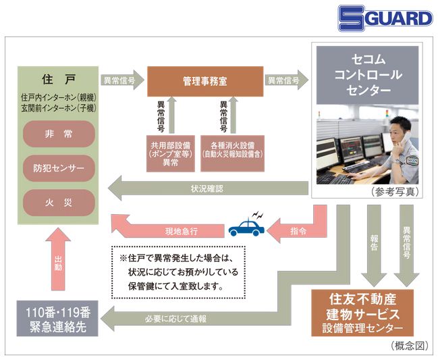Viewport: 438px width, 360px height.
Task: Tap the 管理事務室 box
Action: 204,80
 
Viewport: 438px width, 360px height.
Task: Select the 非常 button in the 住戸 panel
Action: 58,134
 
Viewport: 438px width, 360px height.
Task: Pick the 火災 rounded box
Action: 58,201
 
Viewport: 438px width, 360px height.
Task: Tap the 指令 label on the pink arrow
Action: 297,231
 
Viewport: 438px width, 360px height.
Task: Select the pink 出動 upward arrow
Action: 59,263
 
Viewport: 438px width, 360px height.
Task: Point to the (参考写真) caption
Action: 395,192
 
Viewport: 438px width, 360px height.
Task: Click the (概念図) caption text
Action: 408,346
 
